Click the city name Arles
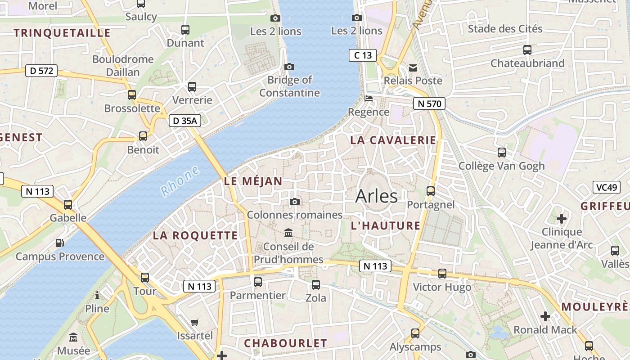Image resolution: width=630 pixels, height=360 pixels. click(x=376, y=196)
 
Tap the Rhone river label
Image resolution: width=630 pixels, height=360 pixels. click(x=180, y=181)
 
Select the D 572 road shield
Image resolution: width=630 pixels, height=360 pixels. click(x=41, y=71)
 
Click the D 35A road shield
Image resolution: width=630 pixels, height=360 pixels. click(x=185, y=121)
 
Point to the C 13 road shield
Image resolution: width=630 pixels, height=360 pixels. click(x=363, y=55)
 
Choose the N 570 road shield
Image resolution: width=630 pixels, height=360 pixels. click(x=429, y=104)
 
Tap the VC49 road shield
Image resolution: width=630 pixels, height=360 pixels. click(x=606, y=187)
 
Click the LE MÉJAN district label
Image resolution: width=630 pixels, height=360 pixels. click(x=253, y=181)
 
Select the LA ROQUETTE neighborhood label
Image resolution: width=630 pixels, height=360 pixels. click(x=195, y=235)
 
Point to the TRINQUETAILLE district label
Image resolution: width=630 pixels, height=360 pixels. click(x=62, y=33)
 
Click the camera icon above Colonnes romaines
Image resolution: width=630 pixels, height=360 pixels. click(x=295, y=202)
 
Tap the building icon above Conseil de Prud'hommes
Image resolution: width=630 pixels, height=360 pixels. click(x=288, y=233)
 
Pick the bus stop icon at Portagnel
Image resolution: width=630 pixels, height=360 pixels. click(x=431, y=191)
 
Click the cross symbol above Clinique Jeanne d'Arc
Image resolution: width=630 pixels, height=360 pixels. click(x=562, y=219)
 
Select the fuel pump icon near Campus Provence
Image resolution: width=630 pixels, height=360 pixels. click(x=59, y=243)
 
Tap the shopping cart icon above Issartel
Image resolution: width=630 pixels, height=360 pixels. click(x=195, y=322)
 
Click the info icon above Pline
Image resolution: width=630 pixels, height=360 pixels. click(x=97, y=295)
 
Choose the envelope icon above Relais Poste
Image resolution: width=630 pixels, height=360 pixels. click(x=413, y=67)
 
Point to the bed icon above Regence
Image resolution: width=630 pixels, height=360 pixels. click(x=369, y=99)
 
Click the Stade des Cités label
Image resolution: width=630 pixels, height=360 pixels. click(x=505, y=29)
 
